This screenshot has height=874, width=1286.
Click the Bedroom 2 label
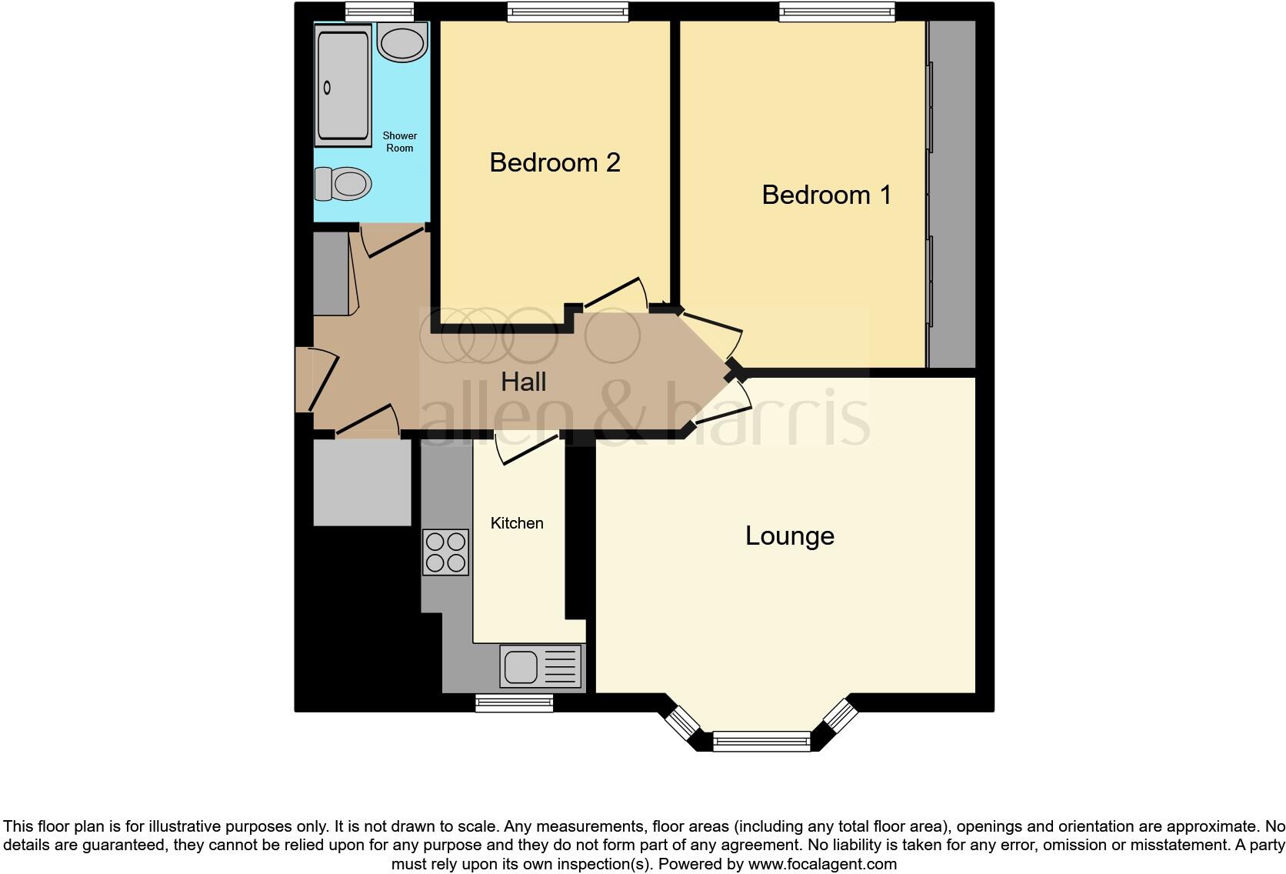pos(555,163)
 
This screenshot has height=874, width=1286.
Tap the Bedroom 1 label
pos(826,195)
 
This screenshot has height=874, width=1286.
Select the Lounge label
pos(789,536)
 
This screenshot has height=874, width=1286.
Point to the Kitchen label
pos(517,523)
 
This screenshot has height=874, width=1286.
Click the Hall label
pos(523,382)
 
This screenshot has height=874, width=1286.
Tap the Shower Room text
pos(399,142)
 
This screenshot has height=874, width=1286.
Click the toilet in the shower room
pos(343,185)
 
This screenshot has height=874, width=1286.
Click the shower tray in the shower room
pos(342,85)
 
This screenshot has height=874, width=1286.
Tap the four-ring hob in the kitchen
pos(445,552)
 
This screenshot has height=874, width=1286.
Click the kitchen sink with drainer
pos(541,666)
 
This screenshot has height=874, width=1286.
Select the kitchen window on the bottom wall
pos(514,702)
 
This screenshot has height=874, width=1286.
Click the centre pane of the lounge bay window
pos(761,742)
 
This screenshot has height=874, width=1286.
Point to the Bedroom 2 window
pos(568,11)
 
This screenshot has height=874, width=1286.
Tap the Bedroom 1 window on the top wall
pos(837,11)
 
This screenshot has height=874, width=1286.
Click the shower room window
pos(379,11)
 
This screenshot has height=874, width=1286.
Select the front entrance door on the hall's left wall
pos(317,380)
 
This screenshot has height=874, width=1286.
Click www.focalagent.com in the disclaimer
pos(821,864)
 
